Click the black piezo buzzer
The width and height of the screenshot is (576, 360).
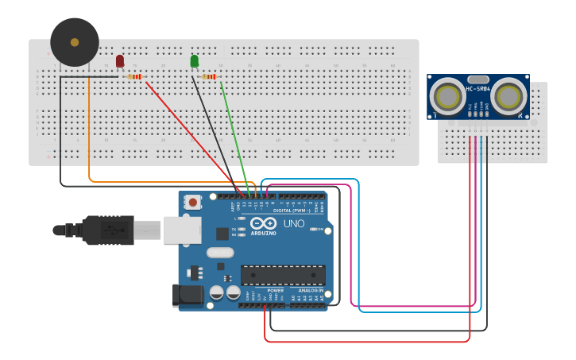pos(75,42)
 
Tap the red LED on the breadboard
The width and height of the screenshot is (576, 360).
pos(120,61)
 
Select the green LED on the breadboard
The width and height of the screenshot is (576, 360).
pos(195,61)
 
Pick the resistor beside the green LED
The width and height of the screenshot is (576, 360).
pos(210,76)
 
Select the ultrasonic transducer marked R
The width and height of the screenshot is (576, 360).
pos(507,97)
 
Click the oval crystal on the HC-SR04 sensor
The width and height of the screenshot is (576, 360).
pos(477,79)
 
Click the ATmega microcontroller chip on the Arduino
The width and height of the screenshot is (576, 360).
pos(283,275)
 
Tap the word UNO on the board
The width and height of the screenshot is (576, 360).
pos(294,223)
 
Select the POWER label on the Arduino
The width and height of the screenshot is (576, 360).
pos(276,291)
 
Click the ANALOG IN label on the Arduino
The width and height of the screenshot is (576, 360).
pos(311,291)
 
